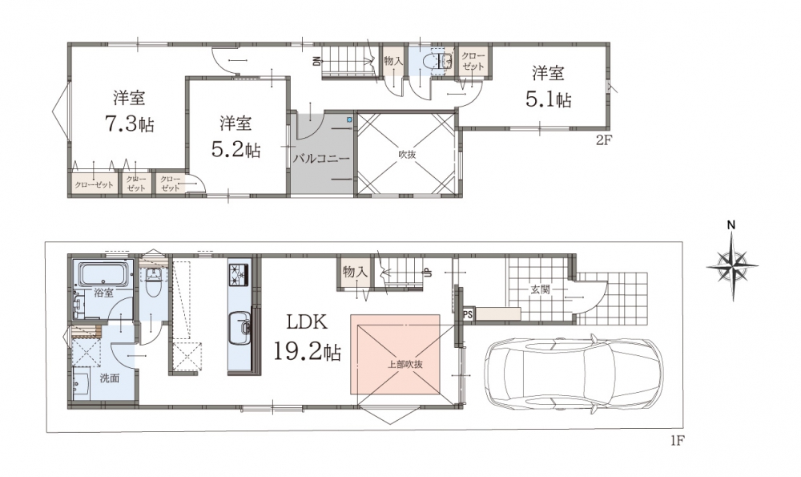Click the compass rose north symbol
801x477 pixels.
pos(732,265)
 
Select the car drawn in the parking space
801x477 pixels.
pos(574,372)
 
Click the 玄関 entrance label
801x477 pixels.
pos(539,290)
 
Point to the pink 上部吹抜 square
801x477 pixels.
pos(395,354)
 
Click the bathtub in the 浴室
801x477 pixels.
pos(103,274)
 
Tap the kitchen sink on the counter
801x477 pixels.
pos(239,328)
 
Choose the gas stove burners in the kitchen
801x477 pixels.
pos(239,273)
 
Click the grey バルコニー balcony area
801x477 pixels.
pos(321,152)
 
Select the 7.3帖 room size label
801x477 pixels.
pos(130,123)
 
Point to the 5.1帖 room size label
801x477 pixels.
pos(548,99)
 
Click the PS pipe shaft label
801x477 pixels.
pos(467,315)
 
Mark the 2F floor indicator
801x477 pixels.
pos(603,140)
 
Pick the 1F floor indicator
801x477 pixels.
pos(677,440)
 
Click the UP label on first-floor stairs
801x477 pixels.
pos(426,273)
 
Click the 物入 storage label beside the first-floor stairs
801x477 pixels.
pos(355,271)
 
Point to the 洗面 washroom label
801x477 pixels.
pos(109,378)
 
